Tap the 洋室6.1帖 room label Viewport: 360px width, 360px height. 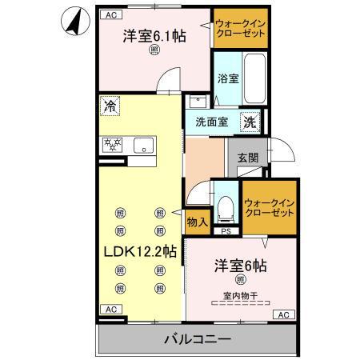click(x=154, y=36)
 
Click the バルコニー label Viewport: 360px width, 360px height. click(x=198, y=339)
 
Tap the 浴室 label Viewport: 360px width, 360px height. click(x=228, y=78)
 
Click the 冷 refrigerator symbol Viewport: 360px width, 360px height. click(x=109, y=104)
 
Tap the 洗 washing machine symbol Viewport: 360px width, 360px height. click(x=250, y=122)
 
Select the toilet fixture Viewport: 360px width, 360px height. click(x=226, y=210)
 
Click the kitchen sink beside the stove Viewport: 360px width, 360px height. click(x=143, y=146)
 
